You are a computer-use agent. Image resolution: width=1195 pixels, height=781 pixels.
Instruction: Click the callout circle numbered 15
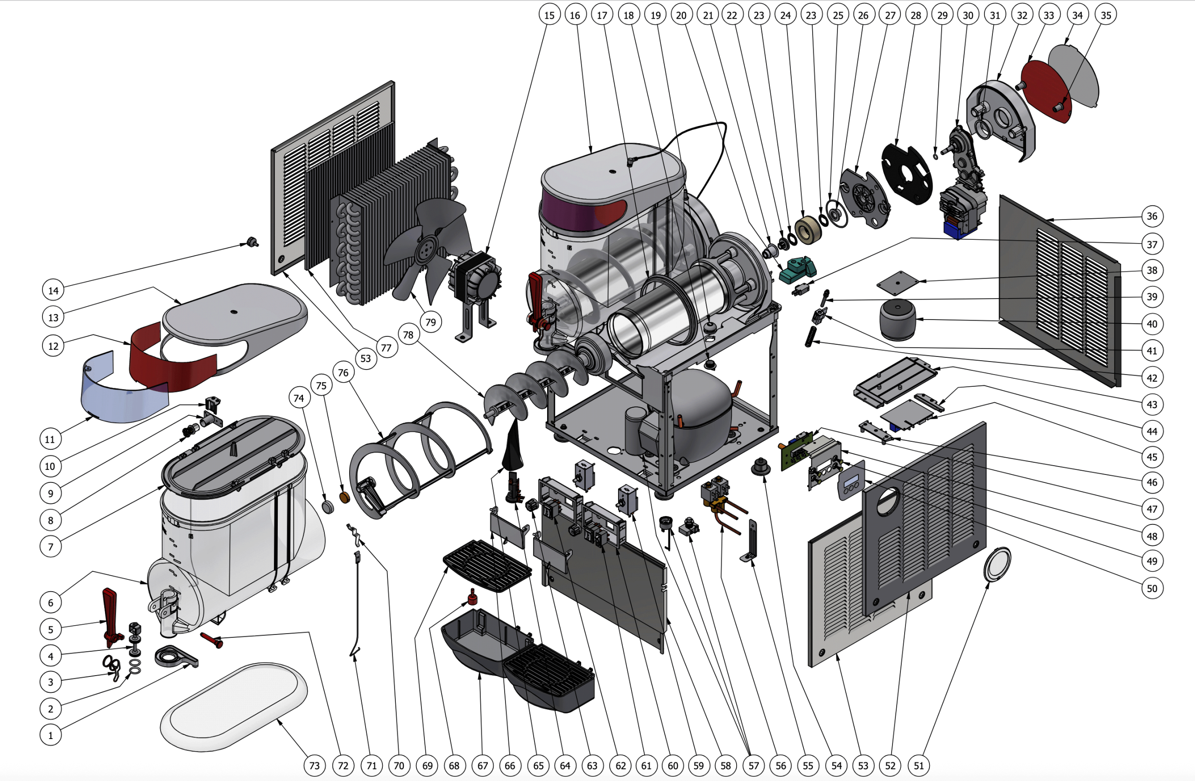[x=549, y=15]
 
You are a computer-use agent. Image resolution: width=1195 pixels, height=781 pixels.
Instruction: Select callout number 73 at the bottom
[x=314, y=766]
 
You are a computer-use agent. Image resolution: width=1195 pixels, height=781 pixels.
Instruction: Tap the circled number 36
[x=1152, y=216]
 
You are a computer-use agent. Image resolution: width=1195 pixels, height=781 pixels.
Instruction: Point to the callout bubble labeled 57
[x=754, y=766]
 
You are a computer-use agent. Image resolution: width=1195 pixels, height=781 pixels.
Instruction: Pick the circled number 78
[x=408, y=335]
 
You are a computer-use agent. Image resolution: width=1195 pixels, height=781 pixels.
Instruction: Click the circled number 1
[x=50, y=735]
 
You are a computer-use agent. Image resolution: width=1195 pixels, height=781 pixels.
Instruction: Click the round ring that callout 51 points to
[x=997, y=565]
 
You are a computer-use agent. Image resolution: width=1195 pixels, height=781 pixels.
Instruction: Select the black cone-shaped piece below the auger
[x=513, y=446]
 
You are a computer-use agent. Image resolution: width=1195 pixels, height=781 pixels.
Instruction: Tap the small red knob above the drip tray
[x=472, y=597]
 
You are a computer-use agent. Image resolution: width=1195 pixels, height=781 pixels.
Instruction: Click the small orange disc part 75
[x=345, y=497]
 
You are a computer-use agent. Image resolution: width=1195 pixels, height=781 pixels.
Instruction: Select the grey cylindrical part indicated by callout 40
[x=898, y=320]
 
